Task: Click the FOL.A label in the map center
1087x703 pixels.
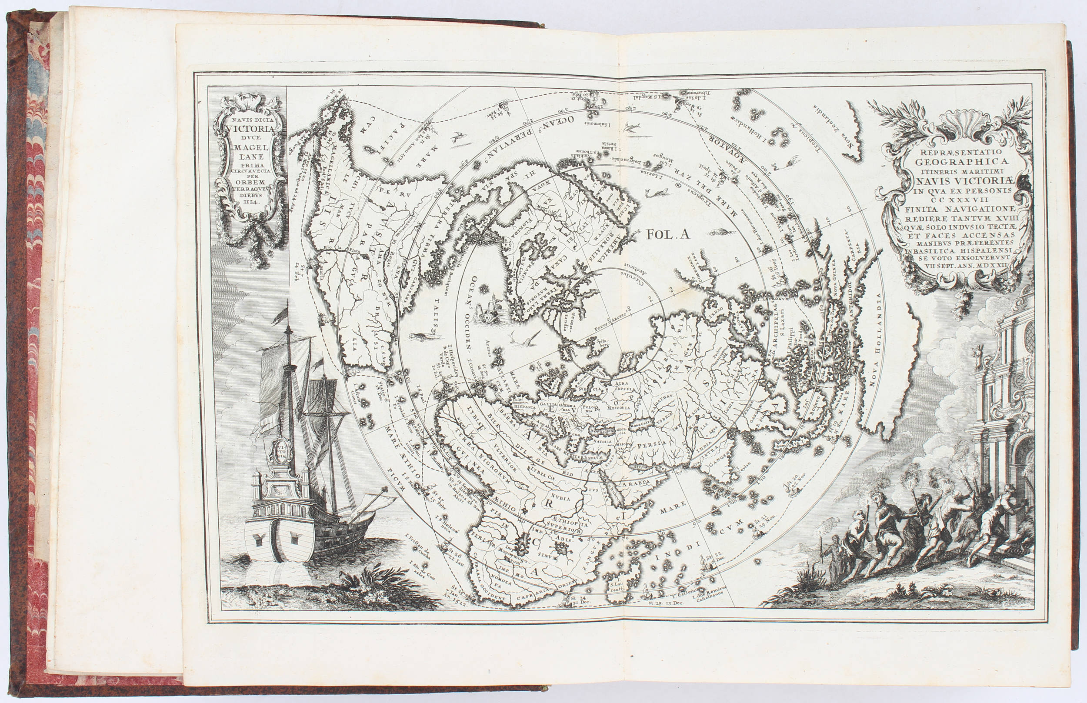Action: [x=667, y=235]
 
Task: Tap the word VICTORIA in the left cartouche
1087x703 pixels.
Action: [x=250, y=129]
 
